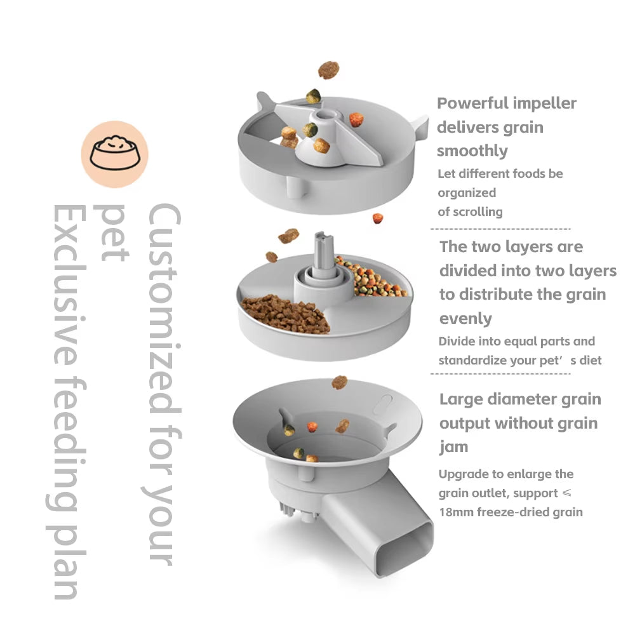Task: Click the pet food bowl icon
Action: coord(114,154)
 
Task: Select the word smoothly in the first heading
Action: coord(472,151)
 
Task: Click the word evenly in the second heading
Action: coord(465,318)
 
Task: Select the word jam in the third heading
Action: coord(453,447)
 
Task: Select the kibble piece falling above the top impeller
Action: coord(328,70)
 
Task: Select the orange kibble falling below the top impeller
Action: coord(378,218)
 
